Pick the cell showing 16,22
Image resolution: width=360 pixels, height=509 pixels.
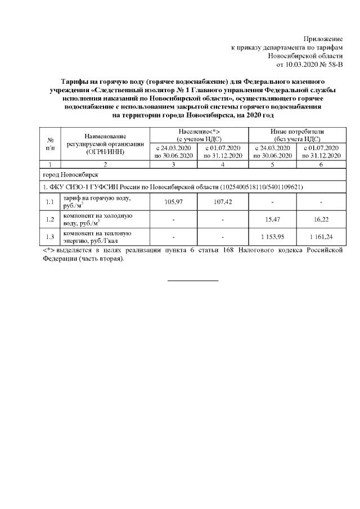pyautogui.click(x=322, y=217)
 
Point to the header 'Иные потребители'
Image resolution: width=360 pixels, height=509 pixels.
pyautogui.click(x=297, y=133)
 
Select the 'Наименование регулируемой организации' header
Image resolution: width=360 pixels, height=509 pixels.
pyautogui.click(x=105, y=143)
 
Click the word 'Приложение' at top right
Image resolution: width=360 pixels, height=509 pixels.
pyautogui.click(x=323, y=39)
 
